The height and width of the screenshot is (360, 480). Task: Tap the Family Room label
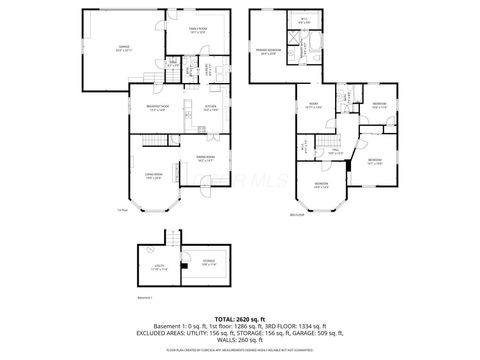click(196, 31)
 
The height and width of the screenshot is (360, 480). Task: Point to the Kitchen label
click(211, 108)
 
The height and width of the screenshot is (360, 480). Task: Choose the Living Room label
click(154, 176)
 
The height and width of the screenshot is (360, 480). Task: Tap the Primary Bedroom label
click(267, 50)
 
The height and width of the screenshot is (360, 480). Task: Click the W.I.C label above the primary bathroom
click(304, 19)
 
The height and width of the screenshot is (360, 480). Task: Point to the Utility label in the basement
click(158, 267)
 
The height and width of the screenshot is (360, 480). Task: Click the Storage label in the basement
click(207, 262)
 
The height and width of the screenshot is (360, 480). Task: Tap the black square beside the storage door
click(186, 265)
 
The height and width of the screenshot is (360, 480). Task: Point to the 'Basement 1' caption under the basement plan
click(147, 297)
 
